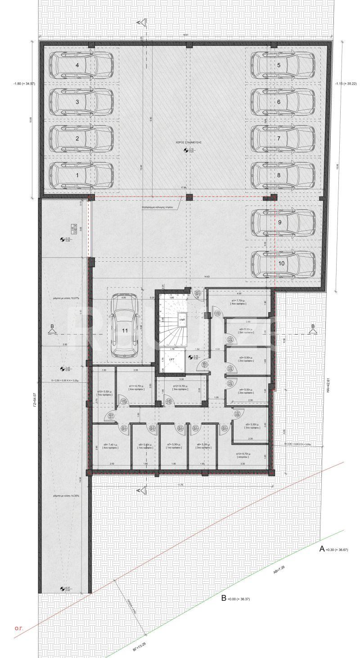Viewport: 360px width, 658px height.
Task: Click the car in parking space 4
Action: click(81, 65)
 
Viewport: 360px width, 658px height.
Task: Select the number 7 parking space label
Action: click(279, 138)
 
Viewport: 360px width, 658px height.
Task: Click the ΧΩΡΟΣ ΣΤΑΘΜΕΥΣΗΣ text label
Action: click(189, 142)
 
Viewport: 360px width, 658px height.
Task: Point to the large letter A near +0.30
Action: click(322, 549)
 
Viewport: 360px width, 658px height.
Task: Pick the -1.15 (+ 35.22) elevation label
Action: click(345, 84)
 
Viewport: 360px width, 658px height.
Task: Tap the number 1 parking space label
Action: click(77, 175)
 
